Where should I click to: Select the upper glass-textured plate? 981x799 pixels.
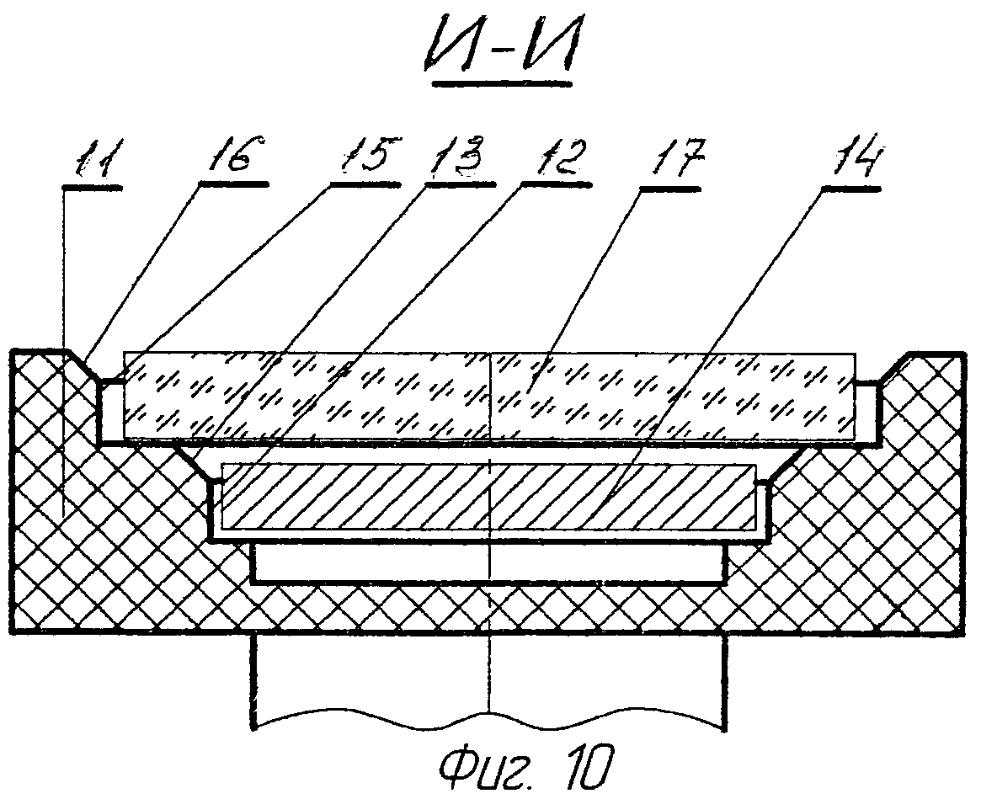point(488,394)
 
